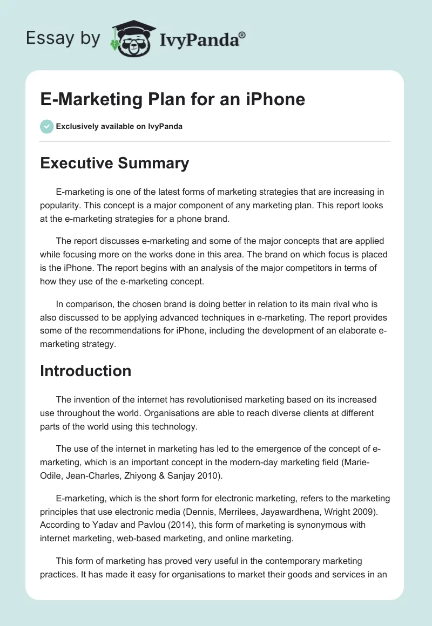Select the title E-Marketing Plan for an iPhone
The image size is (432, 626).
pos(173,99)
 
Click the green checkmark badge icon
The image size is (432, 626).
pos(46,126)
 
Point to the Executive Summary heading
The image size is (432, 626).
pos(114,163)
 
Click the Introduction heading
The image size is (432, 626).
pos(86,371)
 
